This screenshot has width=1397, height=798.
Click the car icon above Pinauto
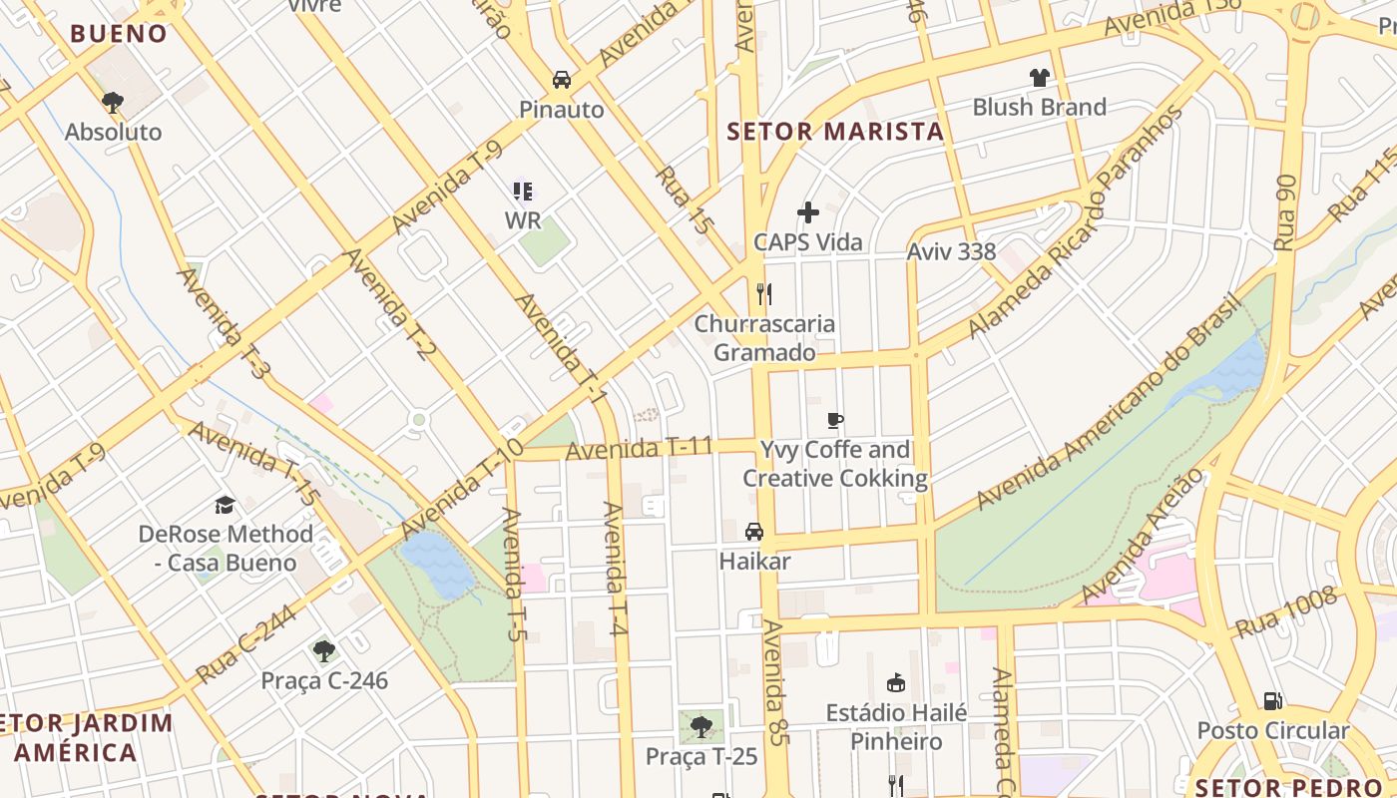(562, 80)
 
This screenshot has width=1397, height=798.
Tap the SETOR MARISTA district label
(834, 132)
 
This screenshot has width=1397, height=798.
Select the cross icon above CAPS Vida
(808, 212)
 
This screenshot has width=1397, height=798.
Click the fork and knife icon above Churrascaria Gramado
(764, 293)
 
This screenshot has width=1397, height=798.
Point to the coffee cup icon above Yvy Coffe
(835, 421)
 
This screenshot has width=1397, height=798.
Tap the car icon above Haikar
(754, 532)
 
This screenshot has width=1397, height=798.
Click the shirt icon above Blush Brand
(1040, 78)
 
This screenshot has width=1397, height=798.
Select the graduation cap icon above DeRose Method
(225, 505)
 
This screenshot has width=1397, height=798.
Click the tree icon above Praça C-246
(323, 651)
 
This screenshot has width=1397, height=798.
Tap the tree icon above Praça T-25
(701, 726)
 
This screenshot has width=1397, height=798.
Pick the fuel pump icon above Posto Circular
(1272, 701)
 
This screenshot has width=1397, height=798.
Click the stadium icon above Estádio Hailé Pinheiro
(896, 683)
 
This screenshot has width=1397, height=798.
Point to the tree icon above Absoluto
(113, 102)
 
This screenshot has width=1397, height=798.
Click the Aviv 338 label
(951, 251)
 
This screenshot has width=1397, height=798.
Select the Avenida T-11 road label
(639, 449)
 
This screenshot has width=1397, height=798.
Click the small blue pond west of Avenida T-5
(437, 564)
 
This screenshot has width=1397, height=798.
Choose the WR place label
(522, 219)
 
